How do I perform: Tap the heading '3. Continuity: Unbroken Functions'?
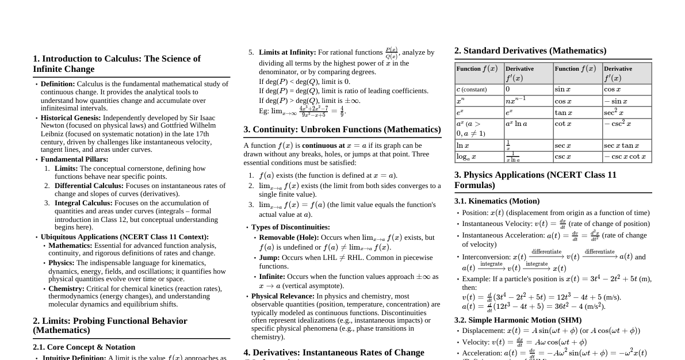pos(342,129)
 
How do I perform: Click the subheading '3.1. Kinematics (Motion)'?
pos(496,201)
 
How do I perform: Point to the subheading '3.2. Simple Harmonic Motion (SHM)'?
pos(518,320)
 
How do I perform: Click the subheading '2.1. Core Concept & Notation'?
pos(84,347)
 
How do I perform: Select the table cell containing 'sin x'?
pos(577,89)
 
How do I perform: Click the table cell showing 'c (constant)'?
pos(479,89)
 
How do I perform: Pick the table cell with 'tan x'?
pos(577,112)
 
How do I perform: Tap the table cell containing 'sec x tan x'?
pos(626,145)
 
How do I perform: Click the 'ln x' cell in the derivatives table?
pos(479,145)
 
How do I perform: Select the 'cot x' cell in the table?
pos(577,123)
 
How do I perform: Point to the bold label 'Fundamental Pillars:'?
pos(74,159)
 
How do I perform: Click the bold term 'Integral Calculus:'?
pos(83,203)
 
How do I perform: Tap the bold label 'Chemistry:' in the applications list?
pos(66,289)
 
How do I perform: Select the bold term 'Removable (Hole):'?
pos(289,238)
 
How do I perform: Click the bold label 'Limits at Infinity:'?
pos(287,52)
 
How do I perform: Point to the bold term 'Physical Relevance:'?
pos(283,296)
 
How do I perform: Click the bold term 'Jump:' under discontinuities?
pos(269,258)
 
